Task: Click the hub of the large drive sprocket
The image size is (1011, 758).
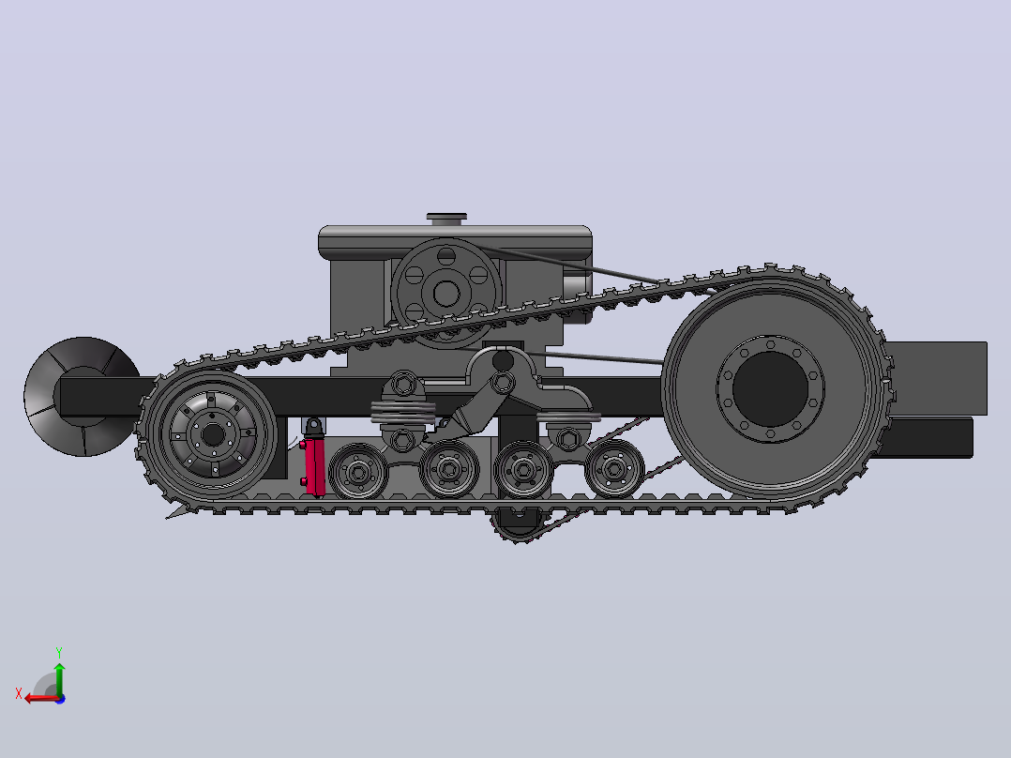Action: coord(771,389)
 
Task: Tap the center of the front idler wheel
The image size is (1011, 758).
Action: coord(212,434)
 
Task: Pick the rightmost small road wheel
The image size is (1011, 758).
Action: coord(613,469)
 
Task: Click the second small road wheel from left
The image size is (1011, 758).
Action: coord(449,469)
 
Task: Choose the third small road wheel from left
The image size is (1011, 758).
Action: coord(523,470)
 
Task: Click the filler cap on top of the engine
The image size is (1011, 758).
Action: coord(446,219)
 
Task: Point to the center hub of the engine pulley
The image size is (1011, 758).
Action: coord(446,293)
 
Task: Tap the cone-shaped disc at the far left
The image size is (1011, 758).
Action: coord(82,396)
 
